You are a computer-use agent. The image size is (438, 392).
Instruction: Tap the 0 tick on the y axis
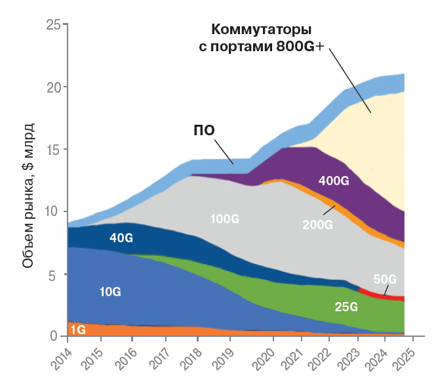(x=57, y=336)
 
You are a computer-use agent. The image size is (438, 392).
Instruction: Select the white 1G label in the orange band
(x=77, y=330)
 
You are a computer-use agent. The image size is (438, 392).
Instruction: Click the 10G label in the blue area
(x=110, y=290)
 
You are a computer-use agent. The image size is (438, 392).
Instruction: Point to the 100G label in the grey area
(x=225, y=218)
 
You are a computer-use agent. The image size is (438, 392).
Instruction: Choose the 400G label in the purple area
(x=334, y=181)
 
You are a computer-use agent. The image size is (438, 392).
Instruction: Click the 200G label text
(x=318, y=225)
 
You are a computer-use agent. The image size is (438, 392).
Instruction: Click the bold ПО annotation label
(x=204, y=129)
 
